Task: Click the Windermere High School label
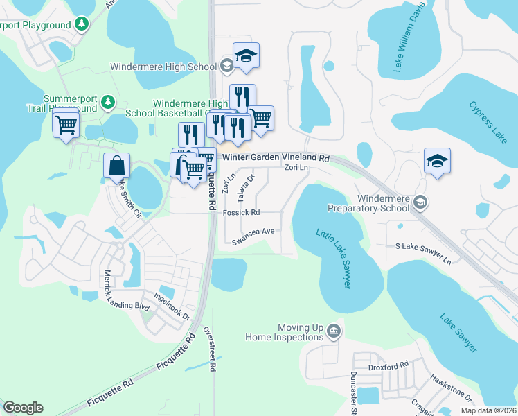coord(163,67)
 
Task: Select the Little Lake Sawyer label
coord(334,259)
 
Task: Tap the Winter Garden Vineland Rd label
coord(275,158)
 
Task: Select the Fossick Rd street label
coord(241,212)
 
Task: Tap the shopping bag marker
coord(116,166)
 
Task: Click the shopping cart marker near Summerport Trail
coord(66,125)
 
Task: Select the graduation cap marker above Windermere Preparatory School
coord(438,162)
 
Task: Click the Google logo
coord(23,408)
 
